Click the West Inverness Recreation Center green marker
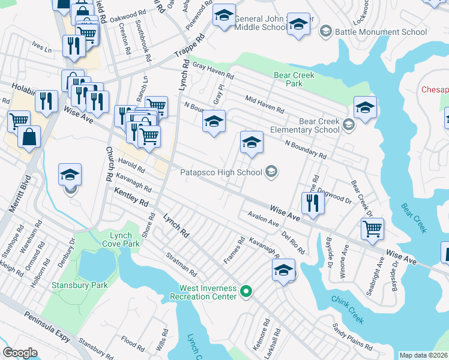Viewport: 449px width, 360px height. pos(246,292)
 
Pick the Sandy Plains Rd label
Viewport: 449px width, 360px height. pos(352,337)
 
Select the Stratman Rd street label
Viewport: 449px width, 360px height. pos(182,263)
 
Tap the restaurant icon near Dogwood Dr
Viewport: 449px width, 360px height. pos(312,203)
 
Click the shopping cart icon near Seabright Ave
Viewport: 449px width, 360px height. pos(372,228)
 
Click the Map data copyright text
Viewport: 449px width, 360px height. pos(424,355)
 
